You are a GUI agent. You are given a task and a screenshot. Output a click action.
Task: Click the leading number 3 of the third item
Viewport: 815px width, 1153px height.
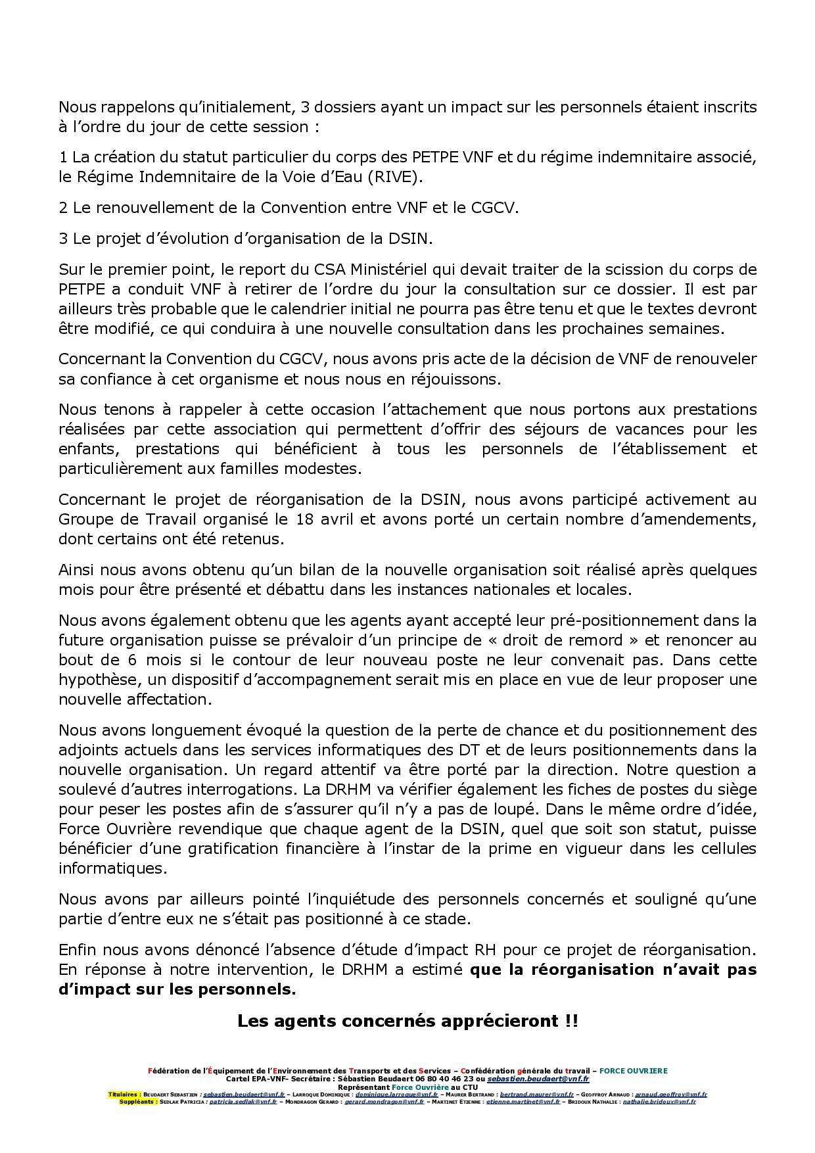63,239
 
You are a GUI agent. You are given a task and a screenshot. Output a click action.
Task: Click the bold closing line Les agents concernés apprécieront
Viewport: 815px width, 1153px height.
407,1021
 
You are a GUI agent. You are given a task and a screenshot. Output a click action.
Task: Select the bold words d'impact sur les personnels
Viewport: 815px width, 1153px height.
177,989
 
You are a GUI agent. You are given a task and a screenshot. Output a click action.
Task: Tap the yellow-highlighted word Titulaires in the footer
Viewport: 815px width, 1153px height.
124,1094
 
